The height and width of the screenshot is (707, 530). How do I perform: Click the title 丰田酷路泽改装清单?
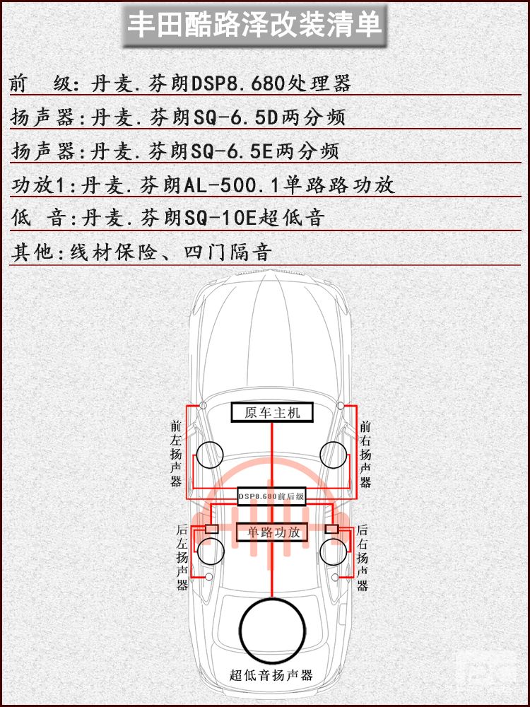click(x=254, y=25)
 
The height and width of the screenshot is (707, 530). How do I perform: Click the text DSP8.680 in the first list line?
click(x=240, y=83)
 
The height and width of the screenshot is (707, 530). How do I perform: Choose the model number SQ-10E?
click(x=220, y=218)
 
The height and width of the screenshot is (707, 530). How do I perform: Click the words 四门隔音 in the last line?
click(x=228, y=252)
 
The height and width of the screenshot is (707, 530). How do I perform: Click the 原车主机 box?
click(x=272, y=412)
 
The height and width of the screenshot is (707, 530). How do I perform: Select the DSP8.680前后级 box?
click(x=271, y=496)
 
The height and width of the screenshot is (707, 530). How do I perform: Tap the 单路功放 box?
click(x=273, y=532)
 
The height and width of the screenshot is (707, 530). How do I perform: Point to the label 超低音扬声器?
click(x=271, y=675)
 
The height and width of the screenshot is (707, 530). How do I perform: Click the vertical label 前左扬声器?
click(x=176, y=454)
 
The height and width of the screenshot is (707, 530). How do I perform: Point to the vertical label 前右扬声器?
click(x=365, y=455)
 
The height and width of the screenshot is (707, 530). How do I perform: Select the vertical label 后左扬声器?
click(x=182, y=557)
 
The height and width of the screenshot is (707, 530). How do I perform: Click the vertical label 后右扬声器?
click(x=363, y=558)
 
